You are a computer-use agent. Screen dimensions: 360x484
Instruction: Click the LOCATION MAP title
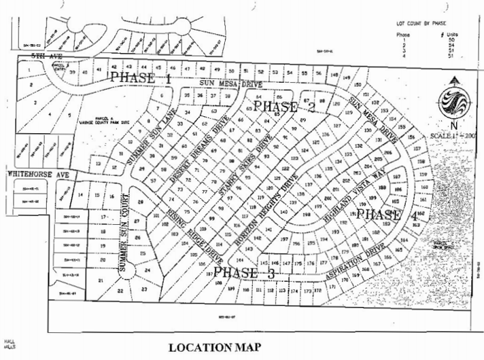point(215,348)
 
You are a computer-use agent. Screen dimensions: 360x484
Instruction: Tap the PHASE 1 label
point(141,78)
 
